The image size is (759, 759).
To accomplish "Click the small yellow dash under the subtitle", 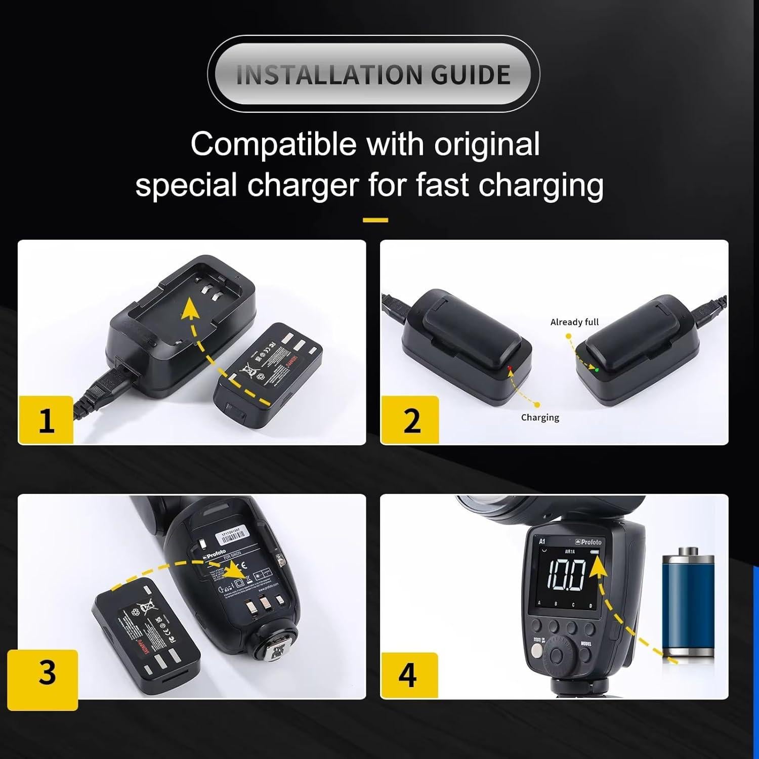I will pos(375,220).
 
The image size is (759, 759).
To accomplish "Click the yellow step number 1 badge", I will pos(46,420).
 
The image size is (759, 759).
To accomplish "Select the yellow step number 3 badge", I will pos(47,673).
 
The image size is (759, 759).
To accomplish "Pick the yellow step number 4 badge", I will pos(408,675).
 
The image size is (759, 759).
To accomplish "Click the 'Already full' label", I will pos(574,322).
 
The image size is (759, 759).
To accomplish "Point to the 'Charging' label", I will pos(540,417).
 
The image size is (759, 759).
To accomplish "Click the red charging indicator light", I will pos(510,367).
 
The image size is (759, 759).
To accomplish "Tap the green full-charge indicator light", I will pos(597,370).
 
